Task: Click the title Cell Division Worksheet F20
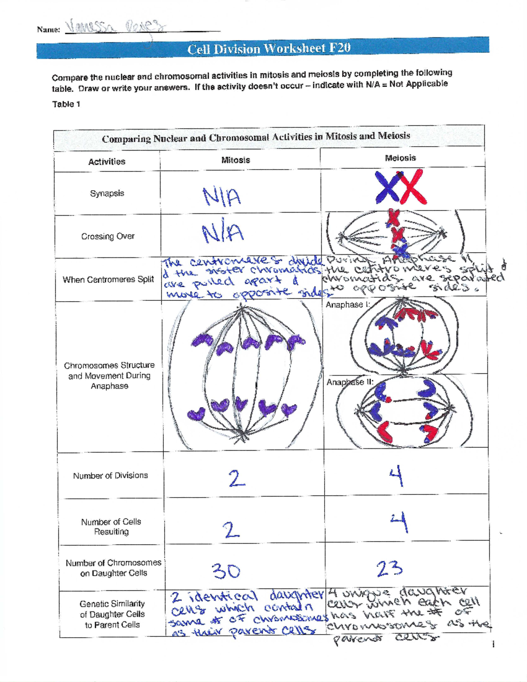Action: [269, 48]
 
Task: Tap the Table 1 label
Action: [66, 104]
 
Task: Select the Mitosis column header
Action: [235, 160]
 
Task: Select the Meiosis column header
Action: [400, 158]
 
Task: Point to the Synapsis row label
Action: [107, 193]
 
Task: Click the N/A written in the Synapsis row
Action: [221, 197]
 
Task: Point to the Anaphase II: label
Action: [350, 382]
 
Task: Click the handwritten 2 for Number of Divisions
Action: [236, 478]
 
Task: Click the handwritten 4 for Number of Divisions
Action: [397, 476]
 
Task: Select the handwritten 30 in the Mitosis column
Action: [226, 571]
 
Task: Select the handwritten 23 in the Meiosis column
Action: [389, 569]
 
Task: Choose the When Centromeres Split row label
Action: [108, 280]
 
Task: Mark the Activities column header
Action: [107, 162]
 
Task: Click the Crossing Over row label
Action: [108, 236]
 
